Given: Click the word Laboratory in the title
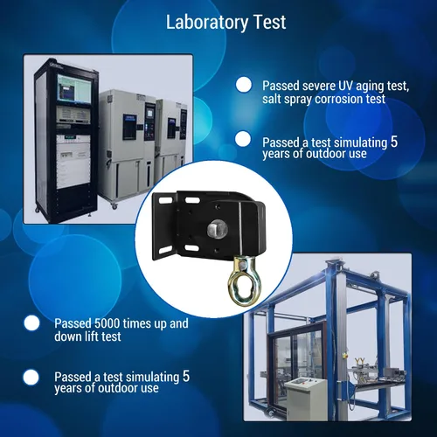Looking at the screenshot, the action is tap(206, 23).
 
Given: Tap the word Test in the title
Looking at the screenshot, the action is tap(270, 22).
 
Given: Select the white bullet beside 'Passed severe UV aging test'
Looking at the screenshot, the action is tap(244, 85).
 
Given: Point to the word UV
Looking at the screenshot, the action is tap(345, 86).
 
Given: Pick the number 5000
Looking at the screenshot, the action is tap(108, 323).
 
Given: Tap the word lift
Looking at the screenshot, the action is tap(92, 336).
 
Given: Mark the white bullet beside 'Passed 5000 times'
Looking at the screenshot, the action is tap(31, 323).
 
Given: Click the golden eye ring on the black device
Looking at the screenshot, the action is tap(244, 281).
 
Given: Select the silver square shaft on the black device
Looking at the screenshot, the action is tap(217, 229).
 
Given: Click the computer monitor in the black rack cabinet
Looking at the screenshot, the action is tap(74, 89).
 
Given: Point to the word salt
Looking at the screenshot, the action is tap(272, 99).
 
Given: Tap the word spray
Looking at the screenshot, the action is tap(298, 100).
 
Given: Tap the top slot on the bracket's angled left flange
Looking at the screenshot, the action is tap(165, 201).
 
